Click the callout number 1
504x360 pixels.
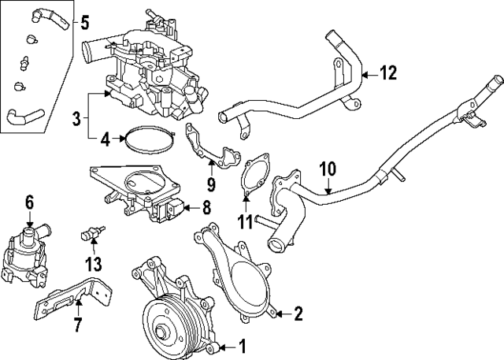click(x=243, y=344)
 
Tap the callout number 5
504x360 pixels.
click(x=84, y=22)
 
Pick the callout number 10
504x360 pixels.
click(x=328, y=168)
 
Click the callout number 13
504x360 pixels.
click(x=94, y=263)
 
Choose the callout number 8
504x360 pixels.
click(x=206, y=209)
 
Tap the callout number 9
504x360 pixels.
click(x=211, y=185)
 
